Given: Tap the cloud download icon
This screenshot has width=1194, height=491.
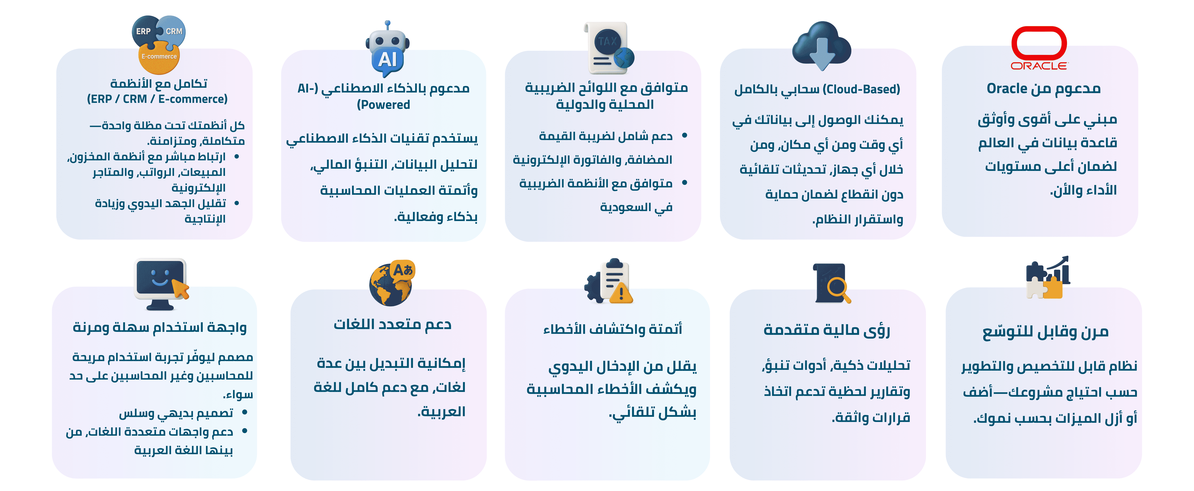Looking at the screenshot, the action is coord(821,45).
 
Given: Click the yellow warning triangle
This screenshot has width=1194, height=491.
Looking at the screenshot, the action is coord(621,293).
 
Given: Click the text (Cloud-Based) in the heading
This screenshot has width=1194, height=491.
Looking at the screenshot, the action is coord(861,89).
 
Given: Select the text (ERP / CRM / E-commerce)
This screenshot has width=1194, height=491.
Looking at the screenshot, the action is coord(157,99).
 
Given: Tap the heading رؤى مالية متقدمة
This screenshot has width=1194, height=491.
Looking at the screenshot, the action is coord(827,330).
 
